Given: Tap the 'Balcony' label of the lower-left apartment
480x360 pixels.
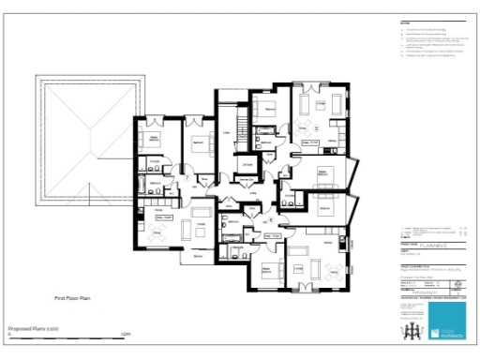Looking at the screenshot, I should [x=199, y=256].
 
